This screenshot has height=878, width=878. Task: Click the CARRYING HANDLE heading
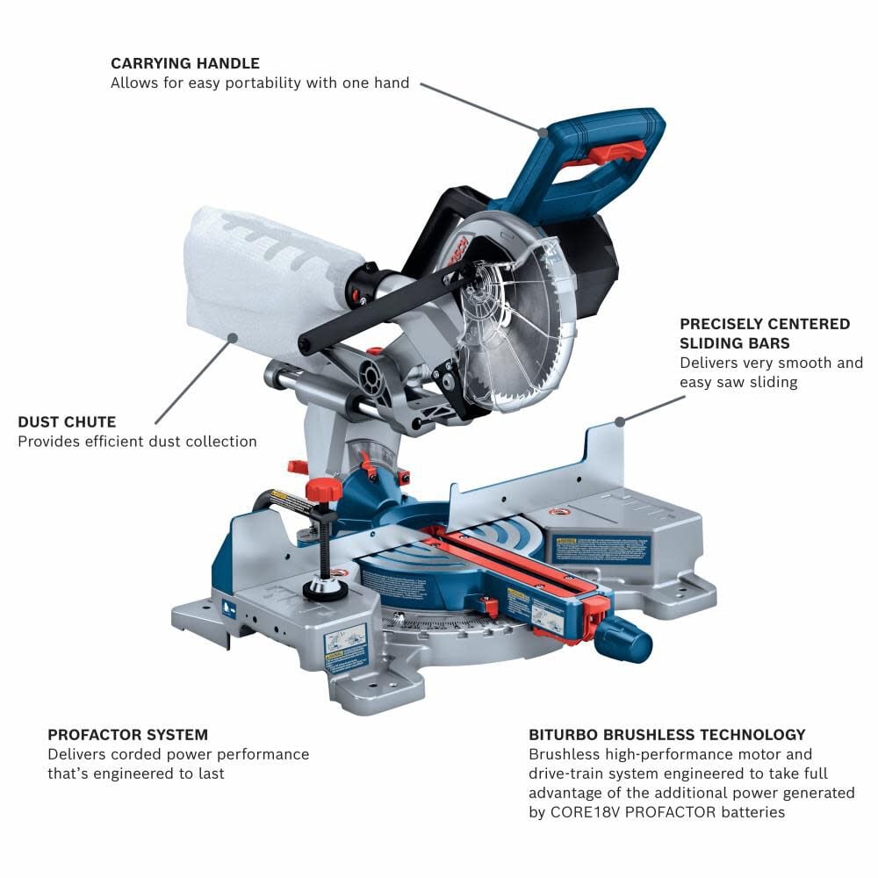(x=185, y=63)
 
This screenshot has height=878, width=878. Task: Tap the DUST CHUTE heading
(x=67, y=422)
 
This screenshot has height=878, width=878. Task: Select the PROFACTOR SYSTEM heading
(x=128, y=734)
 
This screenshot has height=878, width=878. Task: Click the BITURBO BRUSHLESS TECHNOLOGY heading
(x=667, y=734)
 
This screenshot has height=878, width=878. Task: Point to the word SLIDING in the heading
(x=716, y=343)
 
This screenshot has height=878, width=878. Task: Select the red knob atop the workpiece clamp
(x=323, y=489)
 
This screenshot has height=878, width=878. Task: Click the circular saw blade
(x=518, y=334)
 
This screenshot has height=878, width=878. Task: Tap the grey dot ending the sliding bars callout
(x=620, y=421)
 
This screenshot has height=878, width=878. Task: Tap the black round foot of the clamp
(x=325, y=589)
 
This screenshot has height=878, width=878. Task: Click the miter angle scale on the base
(x=457, y=625)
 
